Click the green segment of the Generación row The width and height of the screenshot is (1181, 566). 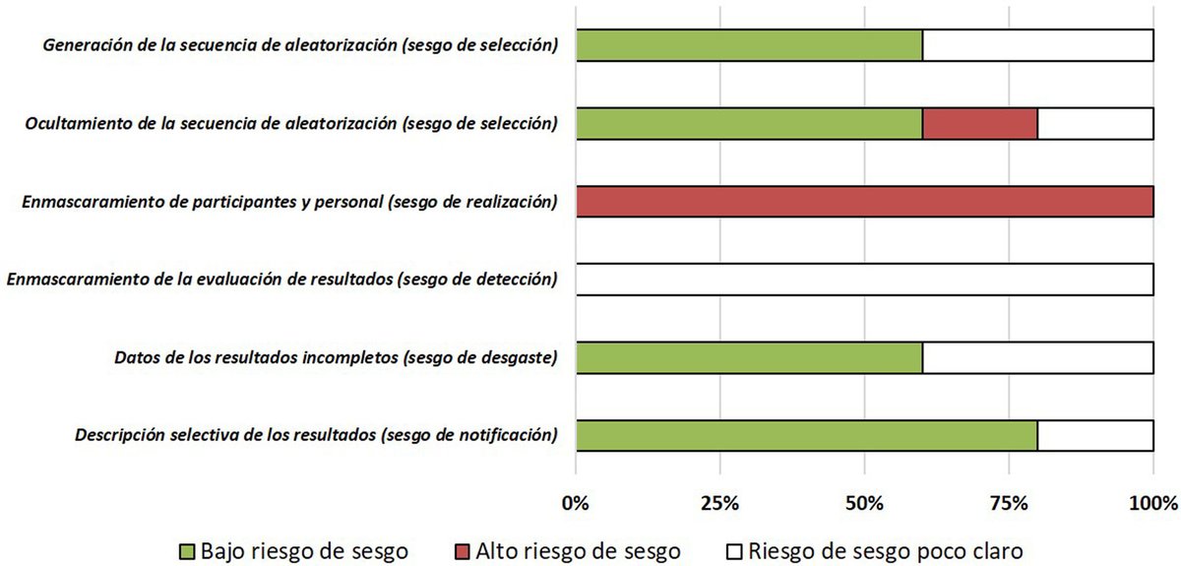749,45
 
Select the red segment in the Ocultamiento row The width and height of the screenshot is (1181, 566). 980,123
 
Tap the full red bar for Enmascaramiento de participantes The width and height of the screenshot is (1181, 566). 864,202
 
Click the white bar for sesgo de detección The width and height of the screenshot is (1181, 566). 864,280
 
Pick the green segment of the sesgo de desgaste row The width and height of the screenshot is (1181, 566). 749,358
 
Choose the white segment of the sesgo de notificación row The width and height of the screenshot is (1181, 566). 1095,436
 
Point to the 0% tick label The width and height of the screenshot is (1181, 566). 577,504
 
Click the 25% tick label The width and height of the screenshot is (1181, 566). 720,504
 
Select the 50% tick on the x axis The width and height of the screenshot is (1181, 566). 864,504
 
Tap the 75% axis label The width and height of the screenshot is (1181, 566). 1009,504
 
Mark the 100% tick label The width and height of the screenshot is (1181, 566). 1153,504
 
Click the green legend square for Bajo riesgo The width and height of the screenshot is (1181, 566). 188,548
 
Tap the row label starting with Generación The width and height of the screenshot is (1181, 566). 300,45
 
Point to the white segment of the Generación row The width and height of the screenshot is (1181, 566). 1037,45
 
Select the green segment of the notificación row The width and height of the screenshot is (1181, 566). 807,436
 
